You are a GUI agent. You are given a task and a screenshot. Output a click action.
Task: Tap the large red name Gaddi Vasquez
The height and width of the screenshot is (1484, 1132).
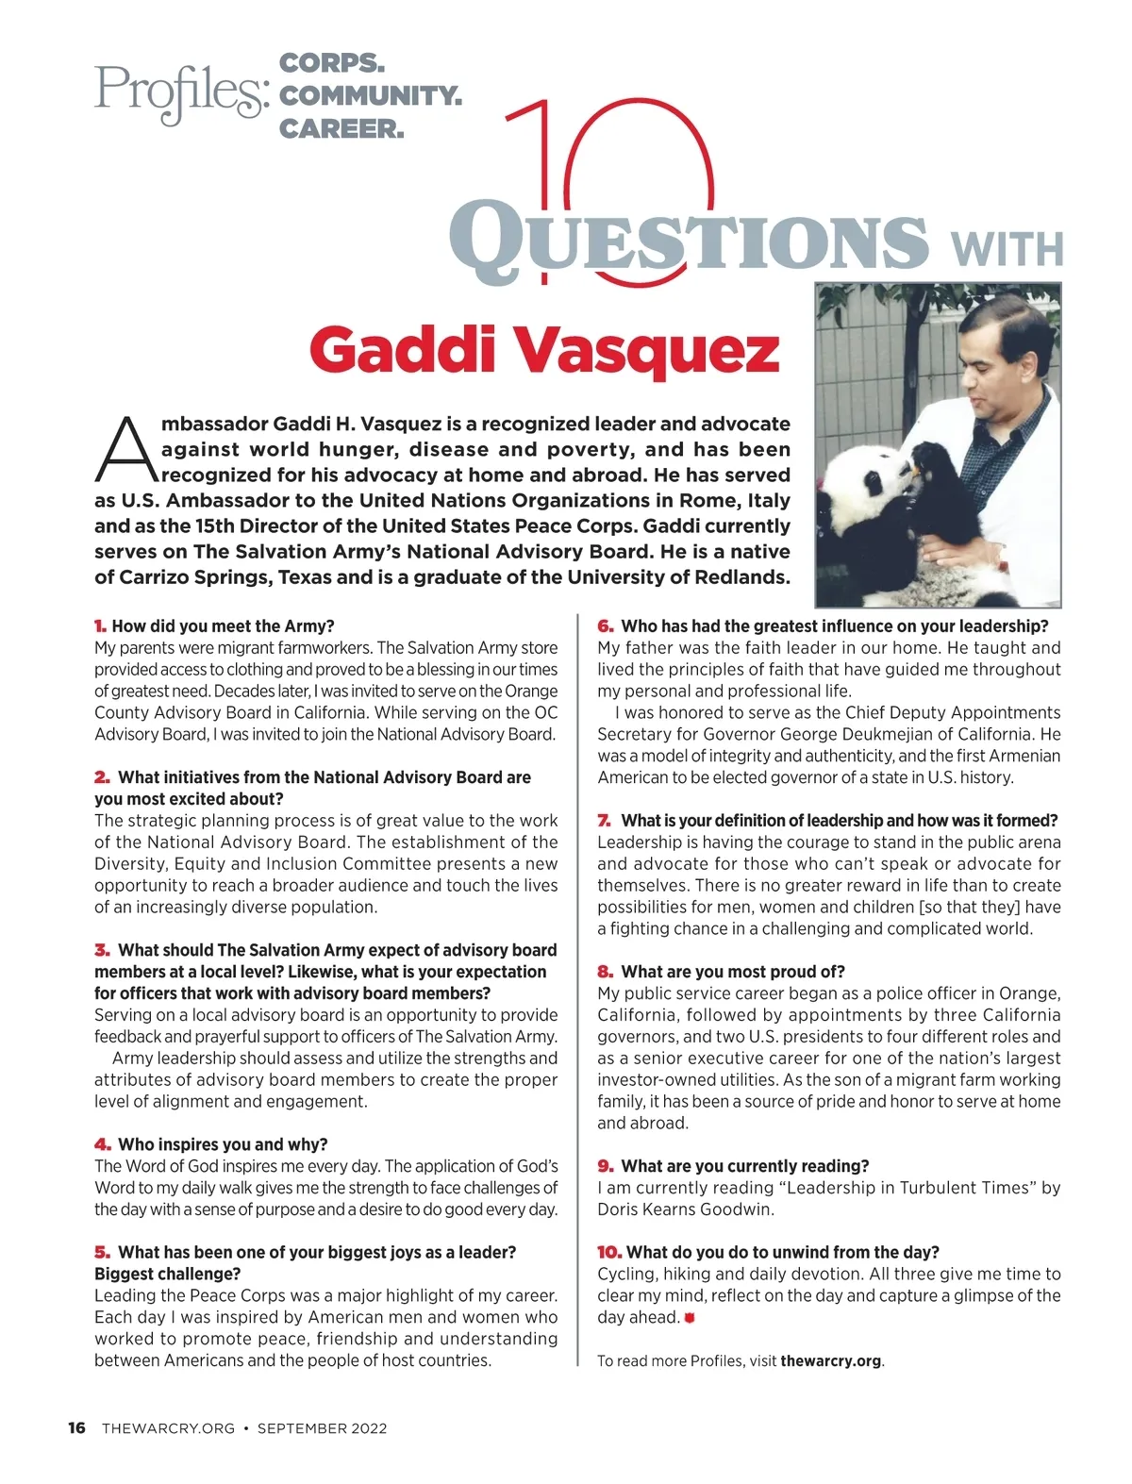(544, 351)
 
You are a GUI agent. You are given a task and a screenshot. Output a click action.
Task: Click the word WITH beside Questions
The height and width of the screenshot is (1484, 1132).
(1007, 247)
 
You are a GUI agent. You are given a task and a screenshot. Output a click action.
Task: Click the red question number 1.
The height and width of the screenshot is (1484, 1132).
(100, 626)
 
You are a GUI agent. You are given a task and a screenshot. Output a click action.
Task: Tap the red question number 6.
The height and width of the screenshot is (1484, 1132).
(605, 626)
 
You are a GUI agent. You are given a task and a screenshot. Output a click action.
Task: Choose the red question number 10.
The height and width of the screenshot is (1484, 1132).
(608, 1253)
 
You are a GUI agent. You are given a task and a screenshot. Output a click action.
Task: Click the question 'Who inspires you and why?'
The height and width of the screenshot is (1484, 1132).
(223, 1144)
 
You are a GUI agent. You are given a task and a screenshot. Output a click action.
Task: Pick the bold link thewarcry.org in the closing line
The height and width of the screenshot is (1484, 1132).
(830, 1361)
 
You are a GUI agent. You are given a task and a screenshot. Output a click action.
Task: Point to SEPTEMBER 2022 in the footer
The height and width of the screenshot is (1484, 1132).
(322, 1428)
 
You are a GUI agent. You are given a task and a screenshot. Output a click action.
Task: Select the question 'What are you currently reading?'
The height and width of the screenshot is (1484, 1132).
(745, 1166)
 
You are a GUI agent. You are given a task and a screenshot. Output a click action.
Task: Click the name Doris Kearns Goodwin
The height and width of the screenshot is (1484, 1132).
(685, 1209)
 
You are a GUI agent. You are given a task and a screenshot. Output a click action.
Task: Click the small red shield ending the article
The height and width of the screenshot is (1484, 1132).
(690, 1318)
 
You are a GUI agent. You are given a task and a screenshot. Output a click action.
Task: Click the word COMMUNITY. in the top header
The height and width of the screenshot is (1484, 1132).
(371, 95)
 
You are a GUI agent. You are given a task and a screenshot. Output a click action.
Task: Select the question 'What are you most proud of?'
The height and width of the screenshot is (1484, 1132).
(733, 972)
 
